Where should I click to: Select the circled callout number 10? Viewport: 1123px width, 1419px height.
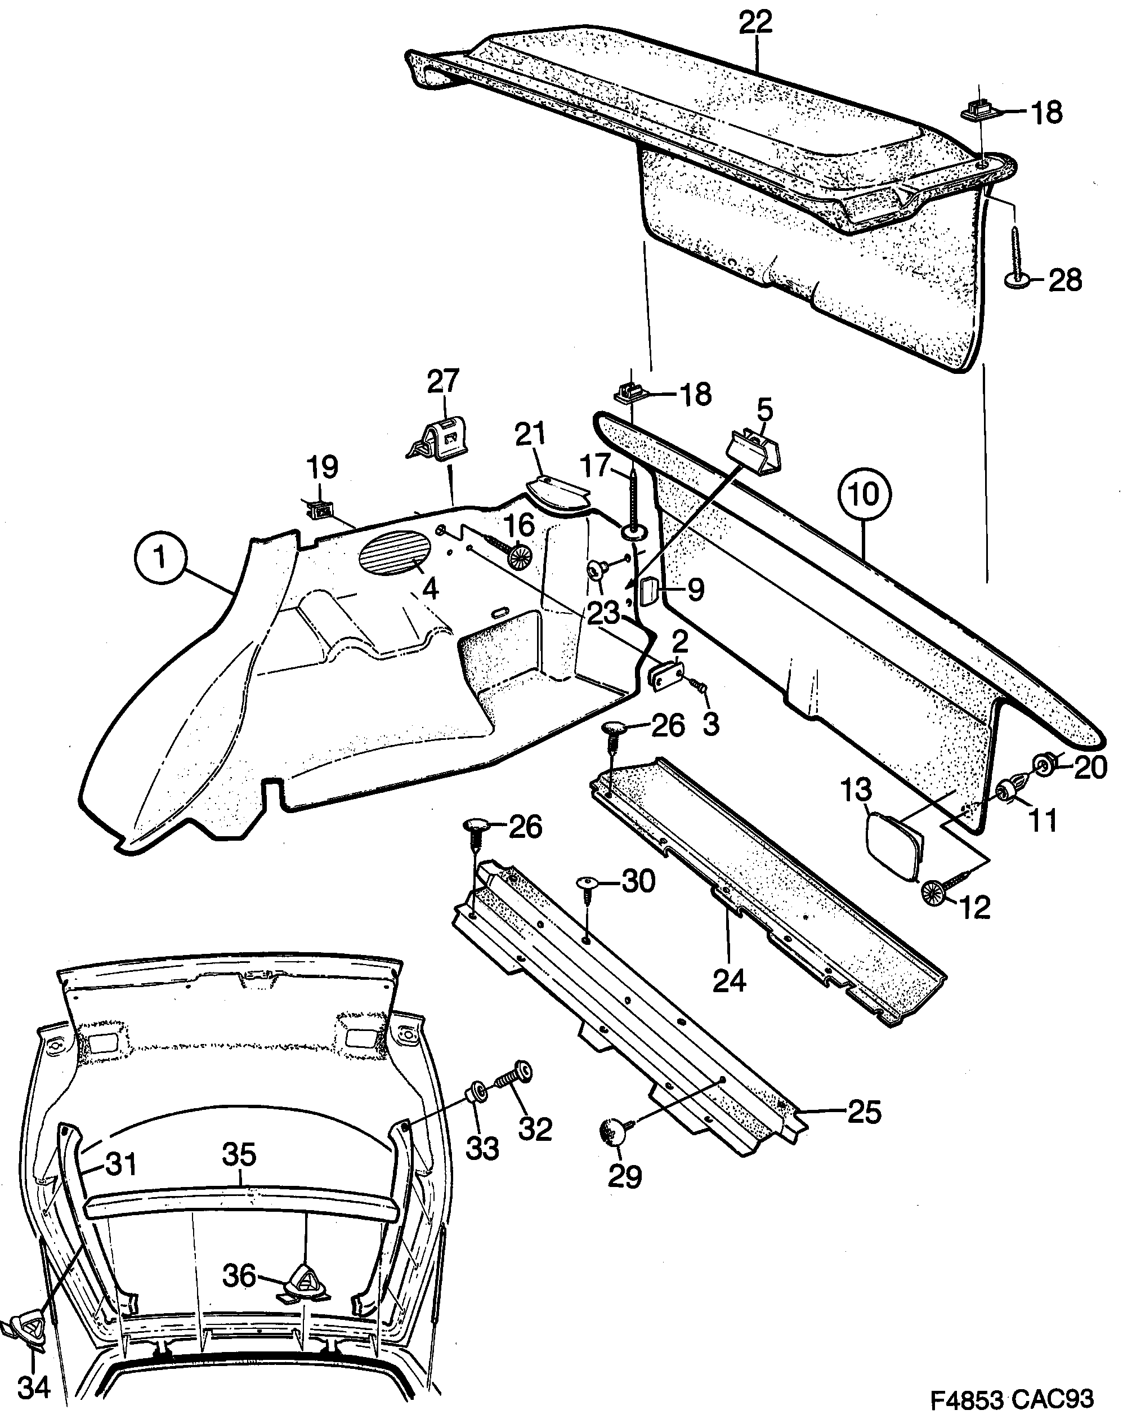[864, 495]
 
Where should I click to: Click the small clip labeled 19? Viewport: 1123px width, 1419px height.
[321, 508]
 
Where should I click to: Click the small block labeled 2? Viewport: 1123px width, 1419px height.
[666, 675]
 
